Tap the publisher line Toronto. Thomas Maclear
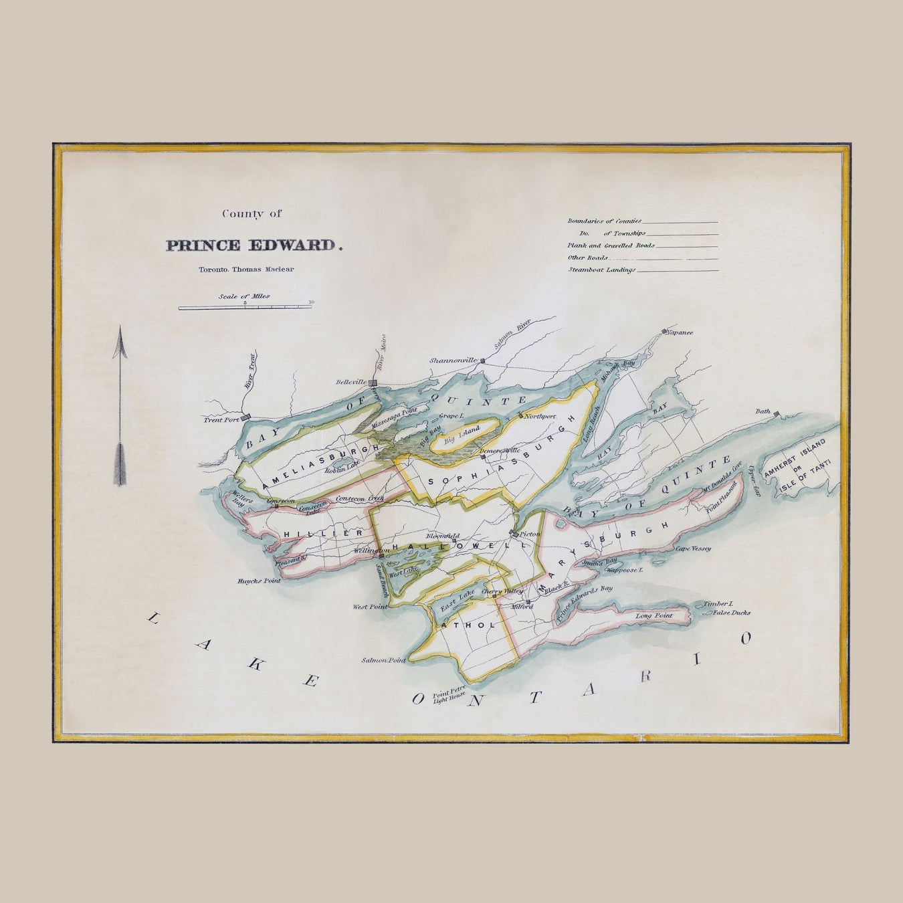tap(245, 270)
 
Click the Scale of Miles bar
tap(245, 308)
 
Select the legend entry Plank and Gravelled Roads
tap(611, 245)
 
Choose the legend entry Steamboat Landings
tap(602, 270)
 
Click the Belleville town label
tap(351, 382)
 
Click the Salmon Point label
tap(384, 660)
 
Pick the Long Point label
tap(653, 615)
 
